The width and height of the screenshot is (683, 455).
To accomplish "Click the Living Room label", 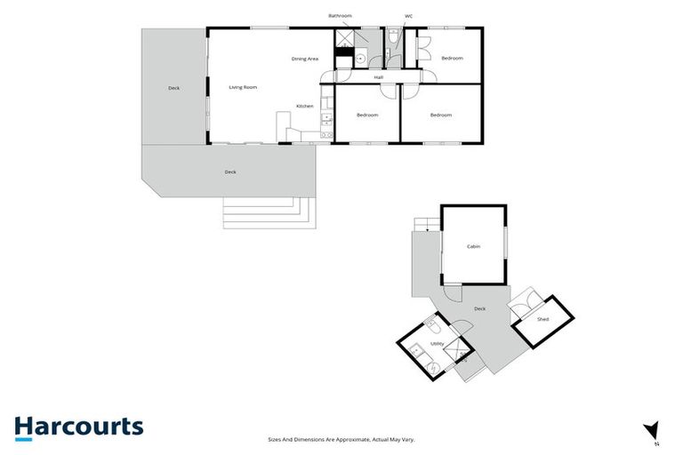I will point(243,87).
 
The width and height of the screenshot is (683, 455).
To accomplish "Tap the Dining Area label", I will point(305,59).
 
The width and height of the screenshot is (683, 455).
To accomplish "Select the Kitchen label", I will point(305,106).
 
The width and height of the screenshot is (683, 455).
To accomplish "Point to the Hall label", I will point(378,77).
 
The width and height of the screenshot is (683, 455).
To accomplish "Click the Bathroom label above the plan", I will point(341,15).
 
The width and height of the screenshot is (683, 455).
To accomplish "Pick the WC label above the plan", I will point(408,15).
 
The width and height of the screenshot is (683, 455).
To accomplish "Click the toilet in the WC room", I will point(393,37).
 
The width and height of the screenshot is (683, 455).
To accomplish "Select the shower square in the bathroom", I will point(343,37).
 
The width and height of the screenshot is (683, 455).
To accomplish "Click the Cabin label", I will point(473,246).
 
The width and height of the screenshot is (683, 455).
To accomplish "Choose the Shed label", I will point(542,319).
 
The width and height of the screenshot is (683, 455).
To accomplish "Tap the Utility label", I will point(437,342).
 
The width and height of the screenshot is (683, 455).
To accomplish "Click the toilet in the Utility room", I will point(430,323).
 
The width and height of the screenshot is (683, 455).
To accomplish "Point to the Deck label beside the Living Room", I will point(174,88).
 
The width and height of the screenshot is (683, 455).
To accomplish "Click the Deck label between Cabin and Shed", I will point(479,308).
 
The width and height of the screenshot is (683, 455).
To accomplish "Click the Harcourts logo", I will point(78,427).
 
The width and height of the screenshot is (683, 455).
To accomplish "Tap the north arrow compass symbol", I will point(654,430).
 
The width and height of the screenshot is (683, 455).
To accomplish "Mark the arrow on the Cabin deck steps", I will point(427,230).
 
